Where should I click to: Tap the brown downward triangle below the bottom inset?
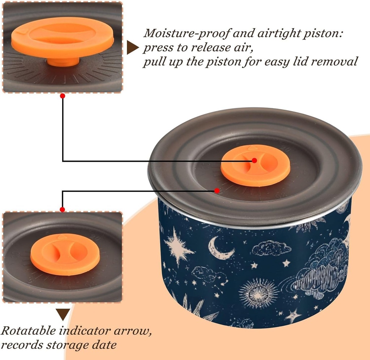point(63,314)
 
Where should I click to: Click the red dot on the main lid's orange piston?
point(254,160)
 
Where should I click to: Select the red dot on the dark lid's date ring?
point(217,190)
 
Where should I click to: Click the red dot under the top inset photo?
point(63,96)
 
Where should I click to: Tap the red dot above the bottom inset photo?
point(63,209)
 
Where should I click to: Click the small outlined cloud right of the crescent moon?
point(271,248)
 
